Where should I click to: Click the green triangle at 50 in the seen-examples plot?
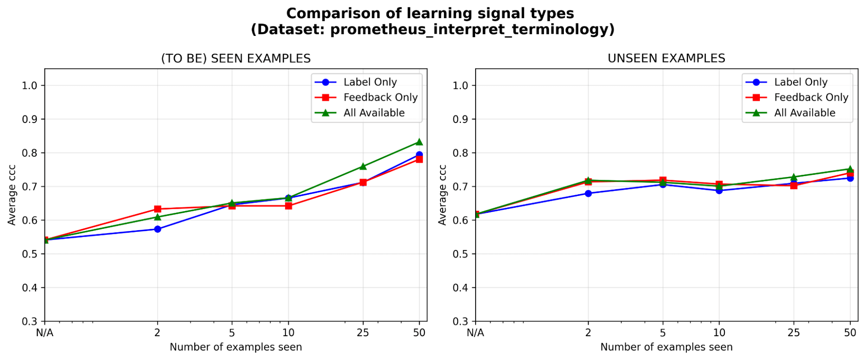coord(419,142)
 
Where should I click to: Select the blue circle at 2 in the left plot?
coord(158,229)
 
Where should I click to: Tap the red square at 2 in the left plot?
coord(158,209)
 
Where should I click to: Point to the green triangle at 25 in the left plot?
coord(363,167)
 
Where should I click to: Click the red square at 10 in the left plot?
coord(289,206)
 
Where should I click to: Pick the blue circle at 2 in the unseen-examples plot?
coord(588,193)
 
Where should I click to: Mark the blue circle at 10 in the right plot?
coord(719,190)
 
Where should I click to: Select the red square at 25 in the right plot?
coord(794,186)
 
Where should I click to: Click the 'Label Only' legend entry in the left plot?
coord(370,82)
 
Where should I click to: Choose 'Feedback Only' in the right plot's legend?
coord(811,97)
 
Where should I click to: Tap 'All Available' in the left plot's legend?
coord(374,113)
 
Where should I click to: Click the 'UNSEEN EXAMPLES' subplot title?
coord(666,58)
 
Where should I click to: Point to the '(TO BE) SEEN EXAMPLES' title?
coord(236,58)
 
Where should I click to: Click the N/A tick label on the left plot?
coord(45,333)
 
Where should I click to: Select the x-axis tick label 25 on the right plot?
coord(794,333)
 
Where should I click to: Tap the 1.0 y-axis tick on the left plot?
coord(30,85)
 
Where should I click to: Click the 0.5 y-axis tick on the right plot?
coord(460,254)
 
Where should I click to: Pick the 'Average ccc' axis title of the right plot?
coord(442,195)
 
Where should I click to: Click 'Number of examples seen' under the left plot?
coord(236,347)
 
